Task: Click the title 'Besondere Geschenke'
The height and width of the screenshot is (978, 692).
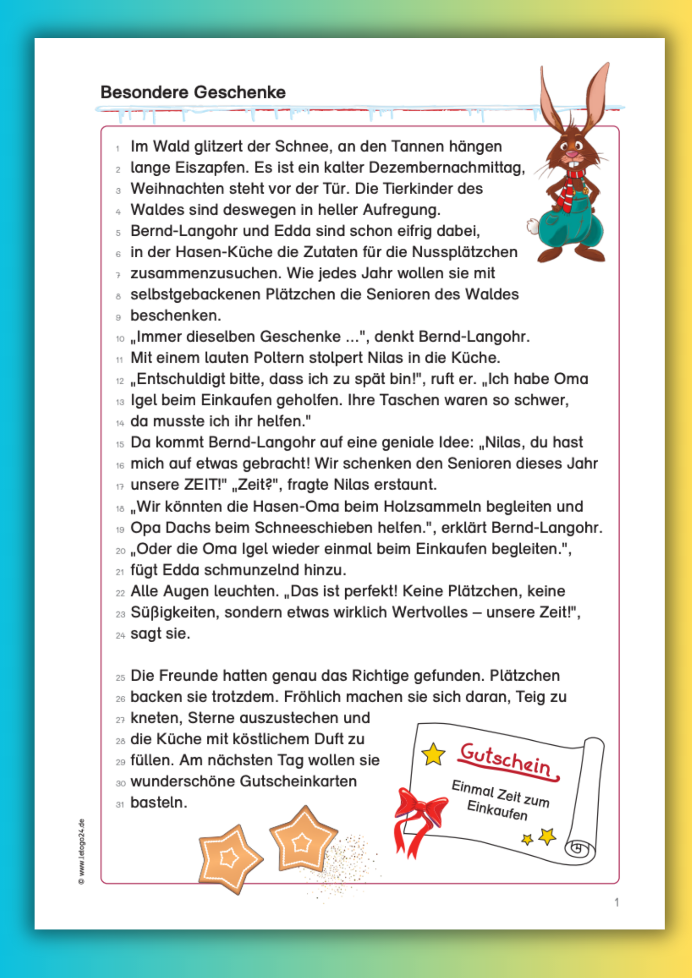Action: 193,92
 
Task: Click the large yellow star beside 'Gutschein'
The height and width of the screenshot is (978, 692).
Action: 433,755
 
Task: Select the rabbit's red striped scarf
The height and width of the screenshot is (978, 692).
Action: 571,188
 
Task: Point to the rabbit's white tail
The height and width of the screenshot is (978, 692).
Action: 532,226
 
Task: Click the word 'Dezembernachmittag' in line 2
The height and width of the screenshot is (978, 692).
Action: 446,168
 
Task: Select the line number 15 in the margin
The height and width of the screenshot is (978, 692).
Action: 120,445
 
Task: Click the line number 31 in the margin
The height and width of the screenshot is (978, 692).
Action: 120,804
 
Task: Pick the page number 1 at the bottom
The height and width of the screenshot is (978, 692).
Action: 617,902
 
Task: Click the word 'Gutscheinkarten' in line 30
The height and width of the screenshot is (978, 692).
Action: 299,781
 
